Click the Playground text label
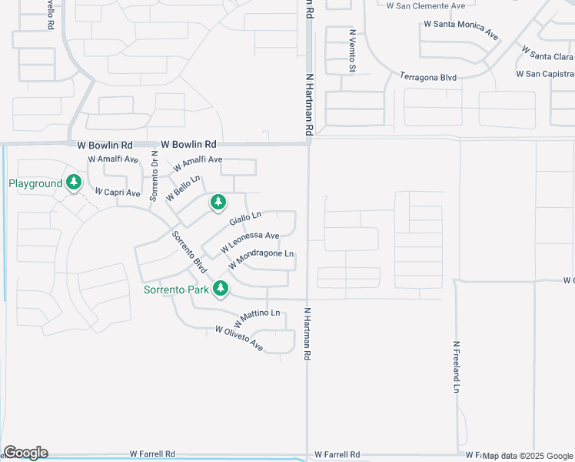click(x=35, y=183)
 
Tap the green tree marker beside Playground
click(x=74, y=182)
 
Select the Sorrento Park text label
click(x=175, y=290)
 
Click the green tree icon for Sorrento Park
click(x=221, y=289)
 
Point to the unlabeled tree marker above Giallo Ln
click(x=218, y=203)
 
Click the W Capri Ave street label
click(x=118, y=192)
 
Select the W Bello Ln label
click(x=183, y=189)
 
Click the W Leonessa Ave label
click(x=250, y=242)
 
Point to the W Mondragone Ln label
click(x=261, y=260)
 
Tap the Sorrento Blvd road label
click(x=189, y=252)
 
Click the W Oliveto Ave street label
click(x=239, y=340)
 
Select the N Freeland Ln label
click(x=456, y=367)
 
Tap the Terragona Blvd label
click(x=428, y=76)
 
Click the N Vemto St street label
click(x=353, y=51)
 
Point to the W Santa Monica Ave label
click(x=460, y=29)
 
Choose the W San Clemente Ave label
click(x=425, y=5)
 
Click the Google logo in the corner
click(x=25, y=453)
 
